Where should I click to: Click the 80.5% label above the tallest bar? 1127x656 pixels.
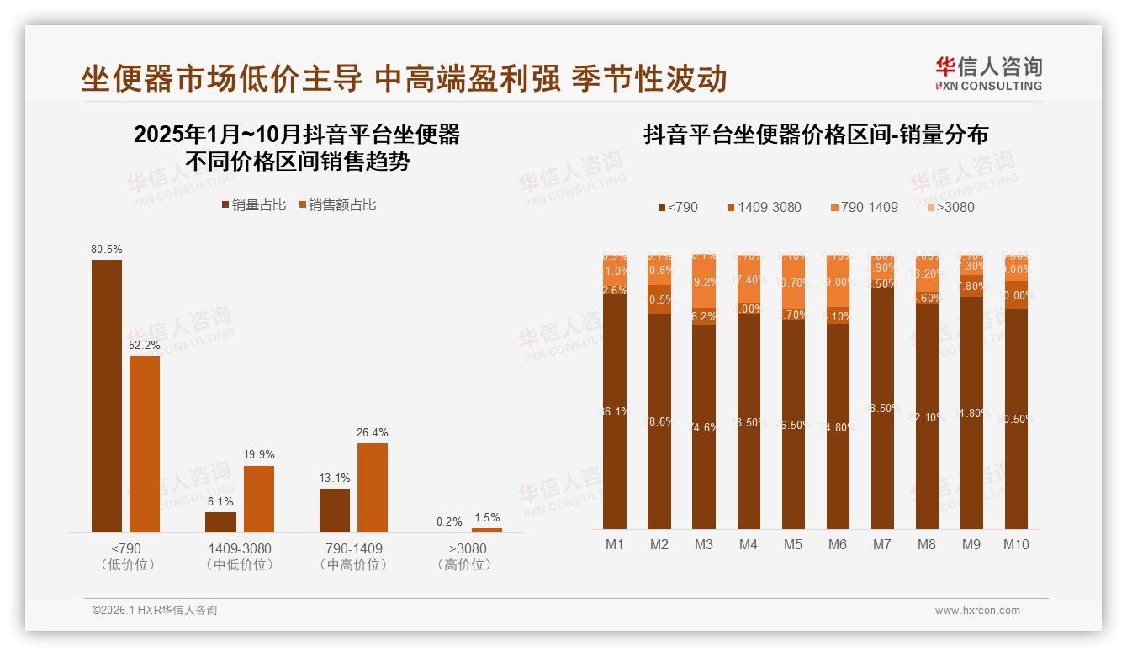pos(107,250)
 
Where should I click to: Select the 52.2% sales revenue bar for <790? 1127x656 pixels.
pos(145,443)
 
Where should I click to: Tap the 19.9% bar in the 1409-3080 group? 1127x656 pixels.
pos(259,498)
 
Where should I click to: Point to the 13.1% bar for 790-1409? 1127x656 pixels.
pos(335,510)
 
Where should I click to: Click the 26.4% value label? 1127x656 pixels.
pos(373,433)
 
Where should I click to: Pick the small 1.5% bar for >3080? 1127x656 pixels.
pos(487,530)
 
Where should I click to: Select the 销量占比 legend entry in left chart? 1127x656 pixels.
pos(253,204)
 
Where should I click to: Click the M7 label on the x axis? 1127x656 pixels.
pos(881,544)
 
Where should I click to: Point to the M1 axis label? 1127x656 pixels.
pos(615,544)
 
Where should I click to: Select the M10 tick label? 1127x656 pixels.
pos(1016,544)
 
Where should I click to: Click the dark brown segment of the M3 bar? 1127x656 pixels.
pos(704,426)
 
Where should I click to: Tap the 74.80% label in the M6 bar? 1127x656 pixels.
pos(838,426)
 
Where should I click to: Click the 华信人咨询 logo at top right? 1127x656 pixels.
pos(988,73)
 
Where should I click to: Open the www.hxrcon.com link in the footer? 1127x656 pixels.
pos(977,611)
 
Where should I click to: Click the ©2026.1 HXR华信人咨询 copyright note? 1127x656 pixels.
pos(155,611)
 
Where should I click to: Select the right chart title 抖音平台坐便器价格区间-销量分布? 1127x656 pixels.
pos(816,135)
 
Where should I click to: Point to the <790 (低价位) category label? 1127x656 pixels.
pos(129,557)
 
